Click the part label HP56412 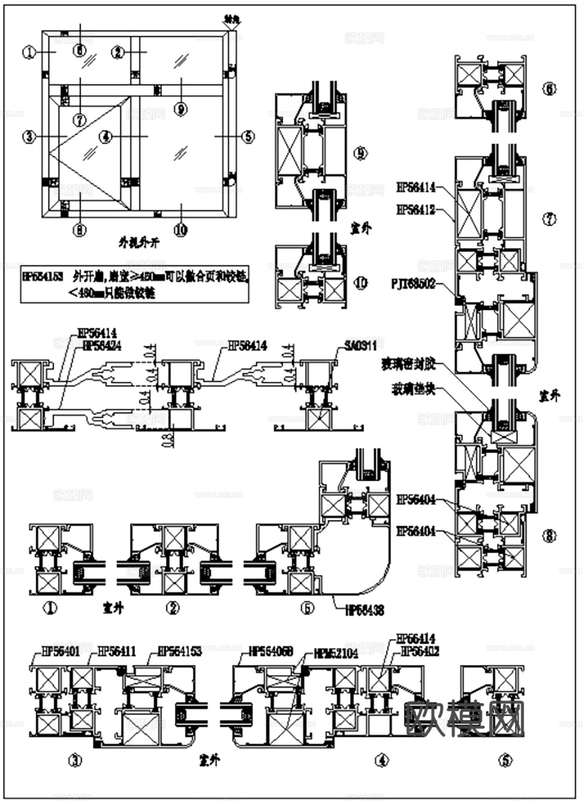[416, 209]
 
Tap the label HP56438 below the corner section [364, 611]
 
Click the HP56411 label [117, 651]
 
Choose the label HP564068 [271, 651]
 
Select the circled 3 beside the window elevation [28, 137]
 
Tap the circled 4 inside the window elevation [106, 137]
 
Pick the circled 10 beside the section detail [361, 284]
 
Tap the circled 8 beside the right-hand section [549, 536]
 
